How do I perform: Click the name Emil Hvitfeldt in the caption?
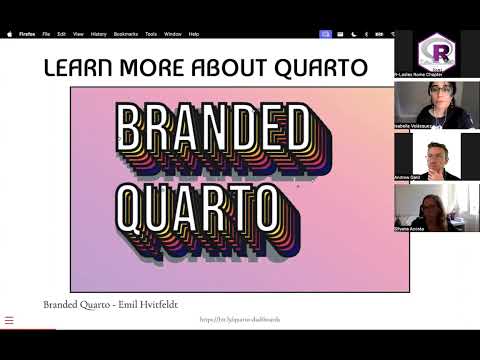146,304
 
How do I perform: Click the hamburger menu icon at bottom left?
9,321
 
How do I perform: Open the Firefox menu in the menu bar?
27,34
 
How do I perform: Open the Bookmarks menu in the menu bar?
124,34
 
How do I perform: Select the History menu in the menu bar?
98,34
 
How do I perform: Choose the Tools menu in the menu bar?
151,34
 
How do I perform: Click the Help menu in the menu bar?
193,34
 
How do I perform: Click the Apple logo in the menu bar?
9,34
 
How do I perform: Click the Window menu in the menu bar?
172,34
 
